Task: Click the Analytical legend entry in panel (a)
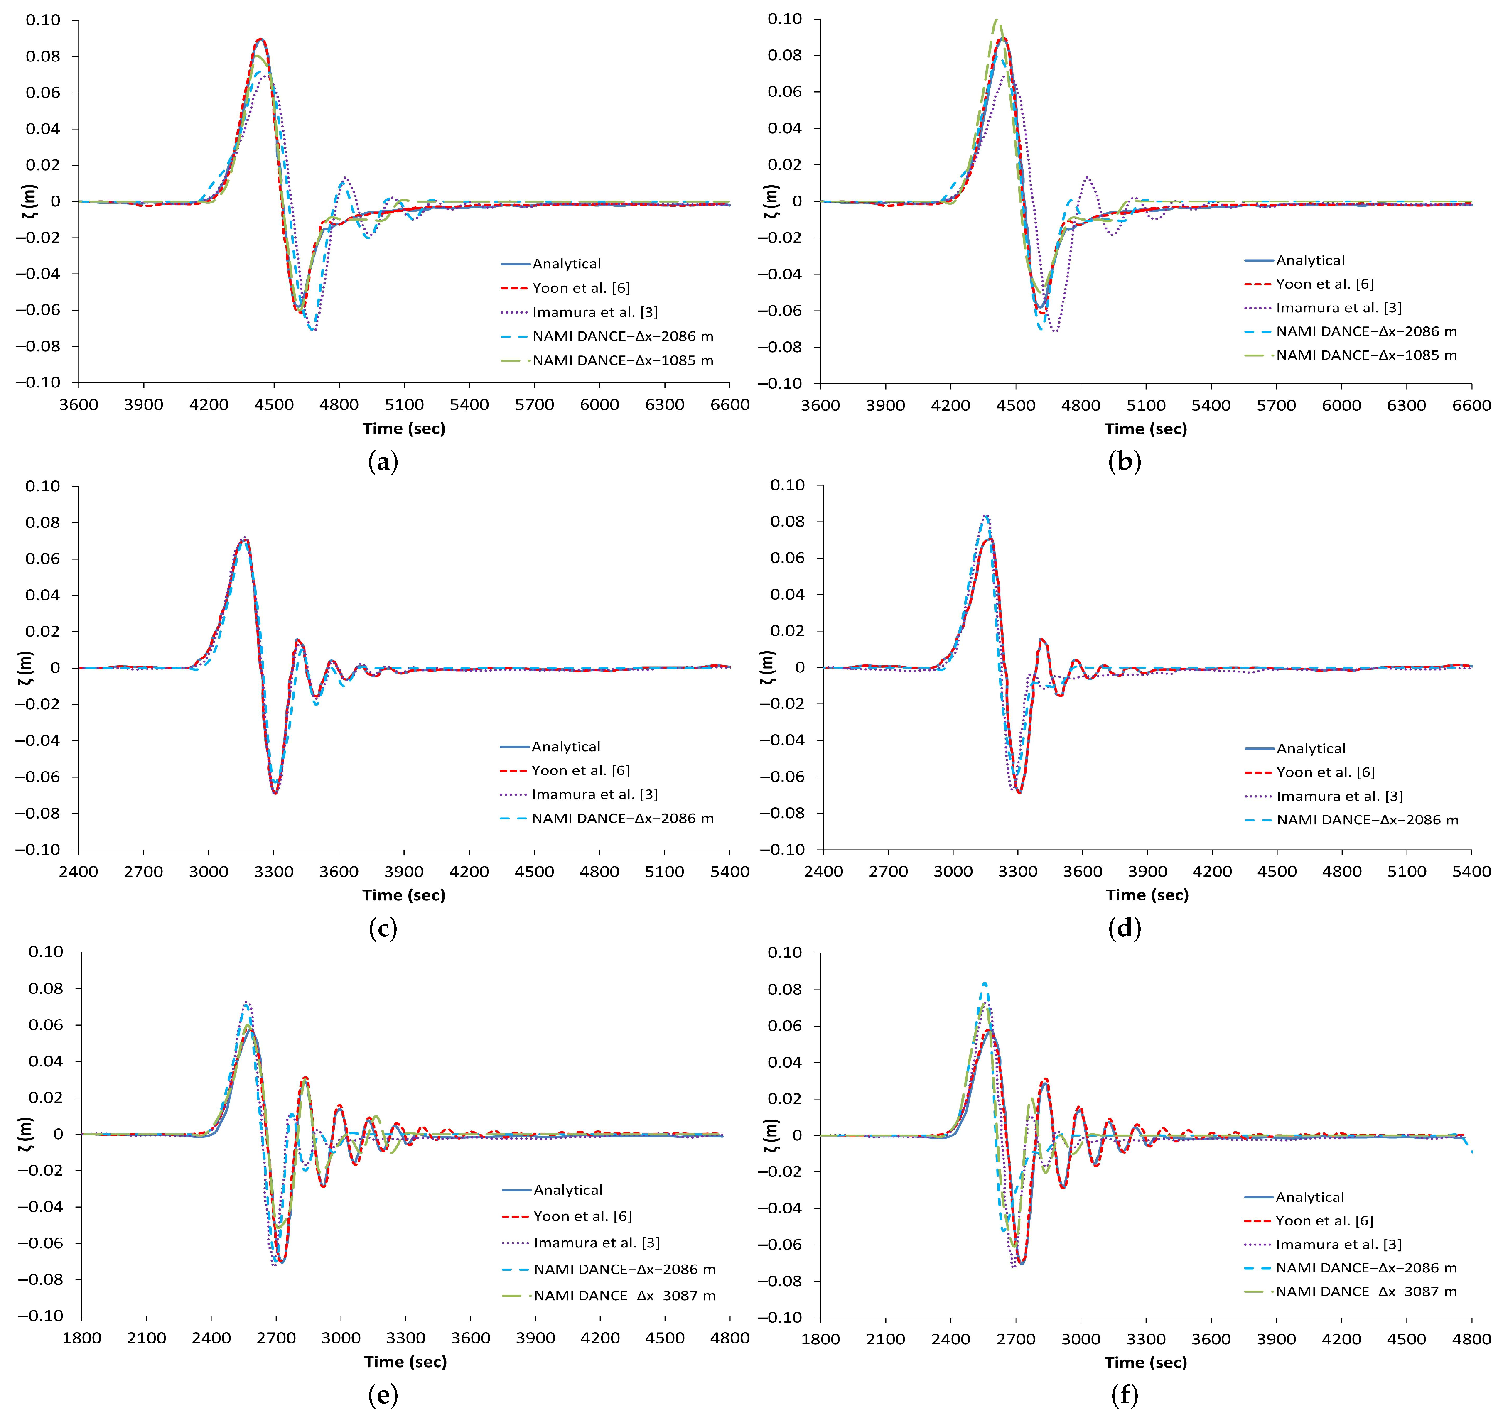[x=566, y=263]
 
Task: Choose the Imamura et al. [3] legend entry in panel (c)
[x=594, y=794]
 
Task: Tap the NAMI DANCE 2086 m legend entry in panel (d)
[x=1367, y=820]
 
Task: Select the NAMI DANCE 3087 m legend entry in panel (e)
[x=624, y=1296]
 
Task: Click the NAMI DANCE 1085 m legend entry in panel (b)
[x=1366, y=355]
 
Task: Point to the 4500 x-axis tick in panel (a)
[x=274, y=404]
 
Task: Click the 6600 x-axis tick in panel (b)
[x=1471, y=404]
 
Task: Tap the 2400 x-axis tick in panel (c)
[x=79, y=871]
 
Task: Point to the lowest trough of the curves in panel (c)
[x=275, y=793]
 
